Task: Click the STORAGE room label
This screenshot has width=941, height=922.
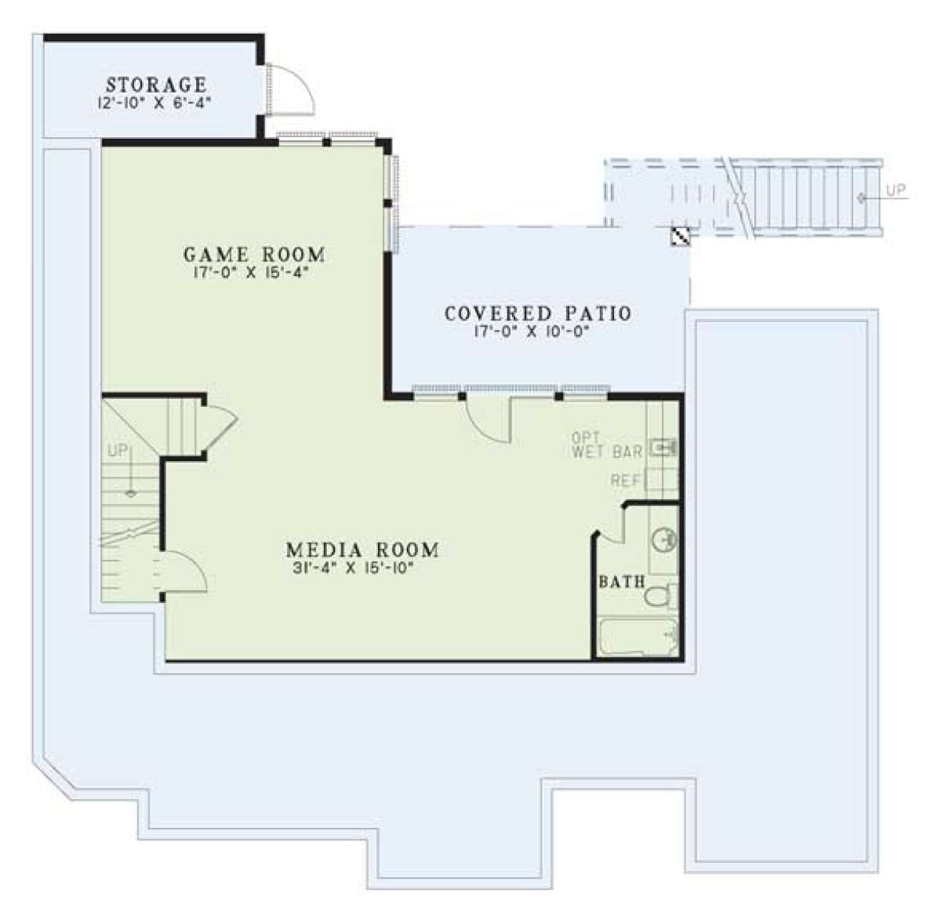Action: [156, 85]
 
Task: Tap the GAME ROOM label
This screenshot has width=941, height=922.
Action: [254, 255]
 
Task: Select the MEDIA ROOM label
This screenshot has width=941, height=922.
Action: [362, 550]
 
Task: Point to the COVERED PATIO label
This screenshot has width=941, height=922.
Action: [538, 314]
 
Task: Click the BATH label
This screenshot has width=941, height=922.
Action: [622, 582]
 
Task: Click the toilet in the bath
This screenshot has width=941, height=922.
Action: [659, 597]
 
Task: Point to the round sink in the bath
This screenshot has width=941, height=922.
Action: [663, 540]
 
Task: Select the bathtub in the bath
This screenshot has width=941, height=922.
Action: [638, 637]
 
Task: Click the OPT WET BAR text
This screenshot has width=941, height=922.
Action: [606, 445]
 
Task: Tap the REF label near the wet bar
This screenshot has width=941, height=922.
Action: [625, 481]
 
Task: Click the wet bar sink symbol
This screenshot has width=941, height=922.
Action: [663, 448]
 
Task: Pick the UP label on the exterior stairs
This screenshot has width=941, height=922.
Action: [896, 190]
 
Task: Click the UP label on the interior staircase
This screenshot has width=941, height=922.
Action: [118, 450]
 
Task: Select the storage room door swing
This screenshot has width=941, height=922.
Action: [292, 90]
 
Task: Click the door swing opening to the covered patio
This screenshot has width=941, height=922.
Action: [489, 419]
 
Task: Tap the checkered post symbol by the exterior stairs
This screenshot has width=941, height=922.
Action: [680, 237]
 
